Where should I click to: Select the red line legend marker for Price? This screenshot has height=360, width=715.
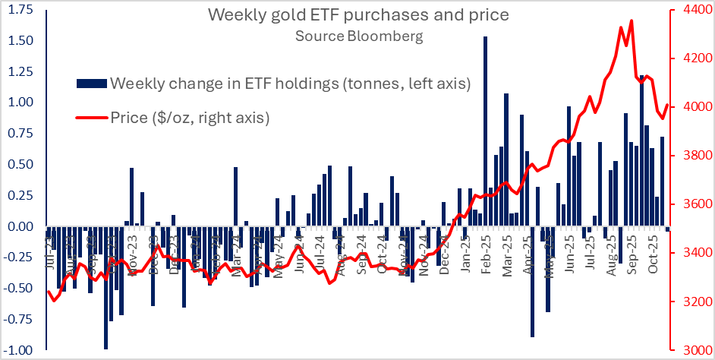[x=91, y=117]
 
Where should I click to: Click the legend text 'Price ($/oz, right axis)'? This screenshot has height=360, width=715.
[x=190, y=117]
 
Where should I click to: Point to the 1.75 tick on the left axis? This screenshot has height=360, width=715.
[x=20, y=9]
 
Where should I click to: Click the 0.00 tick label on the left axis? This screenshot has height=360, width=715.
[x=20, y=226]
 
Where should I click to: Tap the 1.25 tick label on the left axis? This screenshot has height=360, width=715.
[x=20, y=71]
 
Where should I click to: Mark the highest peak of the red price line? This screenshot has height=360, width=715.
[x=632, y=21]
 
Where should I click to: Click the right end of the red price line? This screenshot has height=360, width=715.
[x=667, y=106]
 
